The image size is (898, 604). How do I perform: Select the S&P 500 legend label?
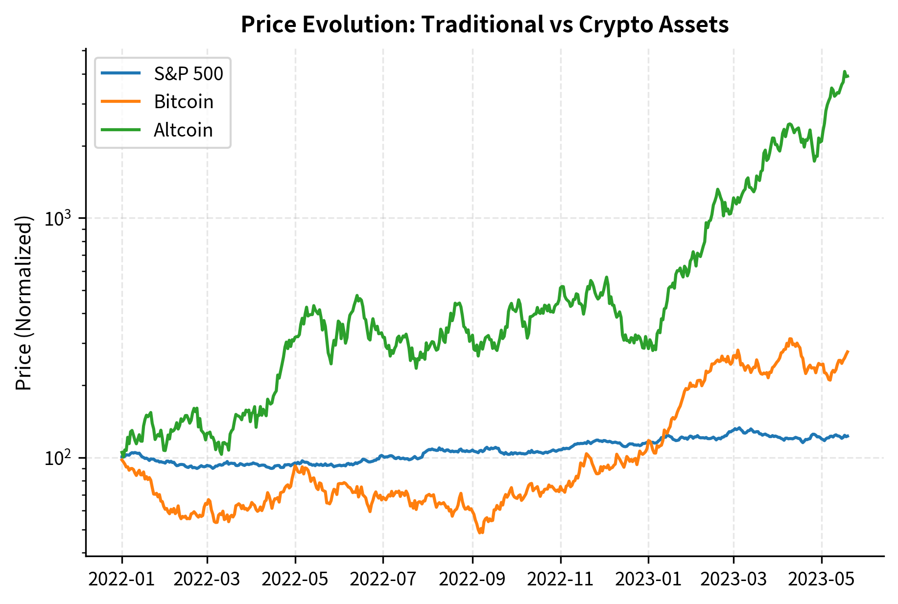tap(189, 74)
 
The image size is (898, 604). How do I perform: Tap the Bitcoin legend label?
tap(184, 102)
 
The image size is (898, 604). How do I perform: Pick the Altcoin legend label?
tap(183, 130)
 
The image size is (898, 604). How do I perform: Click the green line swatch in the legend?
tap(121, 130)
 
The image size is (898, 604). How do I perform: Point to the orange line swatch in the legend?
tap(121, 101)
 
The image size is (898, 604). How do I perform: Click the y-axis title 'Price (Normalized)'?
tap(24, 303)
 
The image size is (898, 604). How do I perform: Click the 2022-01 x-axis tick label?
tap(122, 580)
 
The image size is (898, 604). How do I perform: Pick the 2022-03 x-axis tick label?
tap(207, 580)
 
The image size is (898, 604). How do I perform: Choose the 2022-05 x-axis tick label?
tap(295, 580)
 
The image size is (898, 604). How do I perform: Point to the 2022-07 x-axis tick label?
tap(383, 580)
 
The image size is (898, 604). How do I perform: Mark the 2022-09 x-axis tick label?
tap(473, 580)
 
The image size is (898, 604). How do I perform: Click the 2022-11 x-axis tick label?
tap(561, 580)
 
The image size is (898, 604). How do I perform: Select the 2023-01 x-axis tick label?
tap(648, 580)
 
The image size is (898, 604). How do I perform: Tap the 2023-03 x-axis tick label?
tap(733, 580)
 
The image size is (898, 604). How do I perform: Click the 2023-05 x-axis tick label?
tap(822, 580)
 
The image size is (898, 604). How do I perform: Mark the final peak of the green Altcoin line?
tap(845, 71)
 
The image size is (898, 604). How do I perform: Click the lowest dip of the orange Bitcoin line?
tap(481, 533)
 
